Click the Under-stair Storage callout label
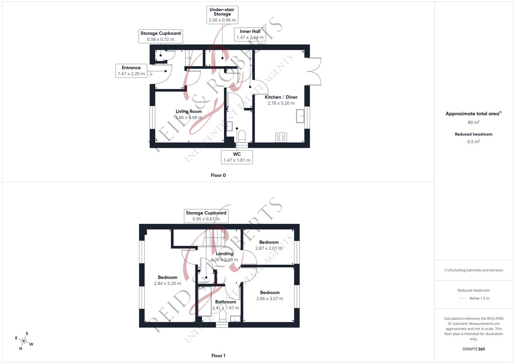click(222, 15)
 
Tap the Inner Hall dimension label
click(250, 37)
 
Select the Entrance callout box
click(131, 71)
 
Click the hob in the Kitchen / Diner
click(281, 138)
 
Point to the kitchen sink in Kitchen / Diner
click(300, 116)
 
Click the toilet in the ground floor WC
click(242, 136)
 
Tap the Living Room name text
click(189, 112)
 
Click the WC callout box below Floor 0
click(237, 157)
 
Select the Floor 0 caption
click(218, 175)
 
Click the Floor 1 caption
click(218, 356)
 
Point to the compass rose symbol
click(24, 341)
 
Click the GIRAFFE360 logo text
click(474, 349)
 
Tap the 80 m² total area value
click(474, 122)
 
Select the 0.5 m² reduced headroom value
click(474, 142)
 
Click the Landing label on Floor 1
click(224, 254)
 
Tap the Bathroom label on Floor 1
click(226, 302)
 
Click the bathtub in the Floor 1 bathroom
click(205, 301)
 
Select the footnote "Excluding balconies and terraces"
click(474, 270)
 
